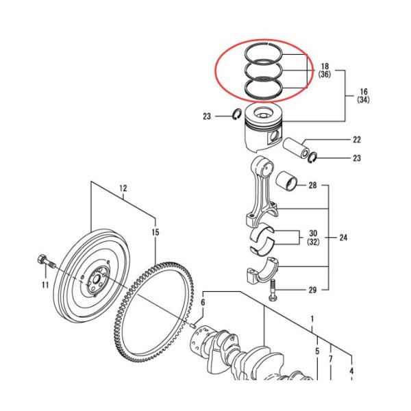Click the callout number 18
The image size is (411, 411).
(x=325, y=66)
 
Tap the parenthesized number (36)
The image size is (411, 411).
(x=325, y=75)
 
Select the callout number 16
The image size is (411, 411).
(x=363, y=91)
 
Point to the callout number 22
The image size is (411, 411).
(x=357, y=140)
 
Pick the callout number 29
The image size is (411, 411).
(x=312, y=290)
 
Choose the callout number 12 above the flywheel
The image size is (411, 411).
(x=123, y=188)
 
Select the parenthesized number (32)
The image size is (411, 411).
(x=313, y=242)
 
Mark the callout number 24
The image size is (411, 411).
(x=343, y=238)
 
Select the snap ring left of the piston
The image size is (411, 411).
(x=234, y=116)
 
